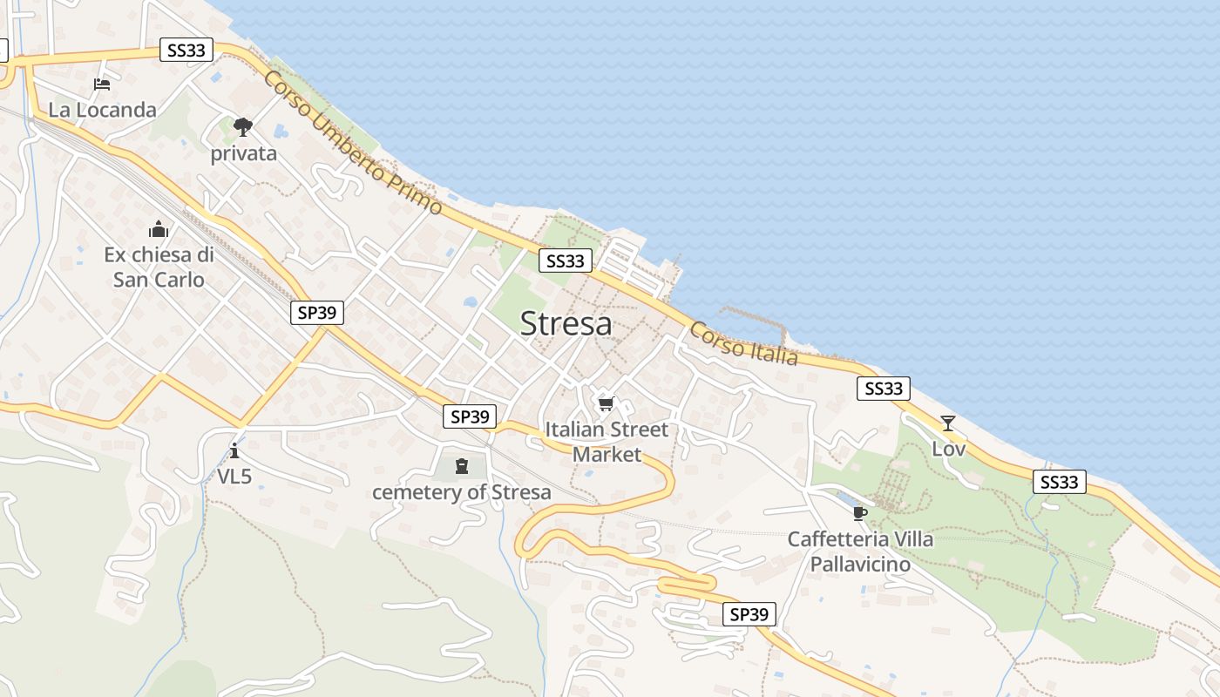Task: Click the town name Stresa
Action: tap(566, 323)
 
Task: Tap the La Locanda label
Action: tap(102, 110)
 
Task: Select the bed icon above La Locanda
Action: tap(102, 85)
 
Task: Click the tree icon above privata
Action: tap(243, 127)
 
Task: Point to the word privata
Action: tap(244, 154)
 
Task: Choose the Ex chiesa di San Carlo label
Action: tap(159, 267)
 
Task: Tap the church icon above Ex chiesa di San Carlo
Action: tap(159, 229)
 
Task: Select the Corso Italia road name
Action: tap(743, 343)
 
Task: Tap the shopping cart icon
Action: tap(606, 403)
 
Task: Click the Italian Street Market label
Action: tap(607, 441)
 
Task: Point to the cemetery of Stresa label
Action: tap(462, 492)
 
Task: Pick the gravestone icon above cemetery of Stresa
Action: tap(462, 466)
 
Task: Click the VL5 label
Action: tap(234, 477)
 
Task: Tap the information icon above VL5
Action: tap(234, 450)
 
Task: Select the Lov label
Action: tap(949, 450)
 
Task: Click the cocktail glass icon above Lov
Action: tap(948, 423)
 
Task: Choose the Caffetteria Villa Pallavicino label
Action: tap(860, 552)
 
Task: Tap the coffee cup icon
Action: tap(860, 513)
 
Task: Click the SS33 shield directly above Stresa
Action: tap(565, 261)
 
